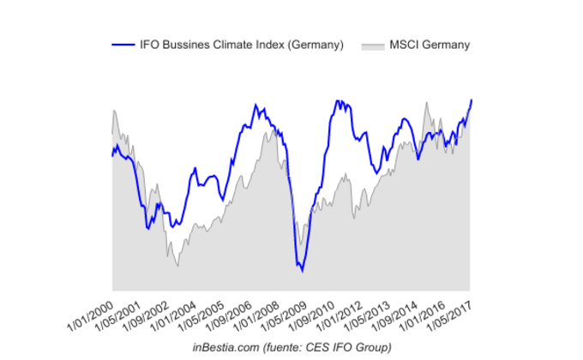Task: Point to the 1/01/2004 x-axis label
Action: (x=175, y=315)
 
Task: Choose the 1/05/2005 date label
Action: (x=202, y=315)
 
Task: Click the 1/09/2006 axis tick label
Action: (x=230, y=315)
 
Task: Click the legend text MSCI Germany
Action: (x=430, y=45)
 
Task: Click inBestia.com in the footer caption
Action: (x=223, y=346)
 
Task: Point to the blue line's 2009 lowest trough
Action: (x=302, y=272)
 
